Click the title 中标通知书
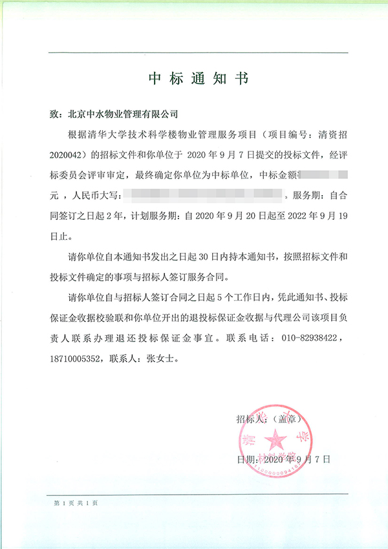198,78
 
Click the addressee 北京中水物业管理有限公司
122,114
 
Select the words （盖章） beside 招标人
286,420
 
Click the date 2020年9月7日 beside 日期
298,460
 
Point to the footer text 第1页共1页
75,502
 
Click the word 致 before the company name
54,114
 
